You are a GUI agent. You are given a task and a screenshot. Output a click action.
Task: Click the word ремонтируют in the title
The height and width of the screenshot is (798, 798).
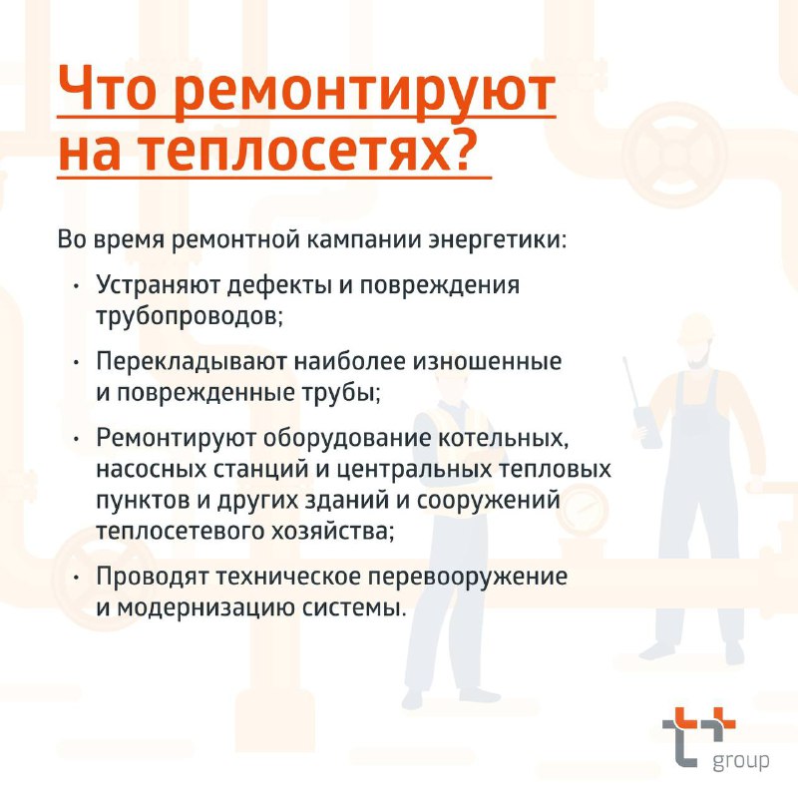tap(364, 93)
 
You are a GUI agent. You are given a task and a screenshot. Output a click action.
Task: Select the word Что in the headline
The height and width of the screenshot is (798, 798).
tap(108, 88)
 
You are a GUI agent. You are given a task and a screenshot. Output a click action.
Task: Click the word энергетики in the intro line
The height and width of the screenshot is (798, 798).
tap(497, 239)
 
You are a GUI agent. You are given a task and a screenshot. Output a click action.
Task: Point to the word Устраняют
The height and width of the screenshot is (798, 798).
tap(158, 285)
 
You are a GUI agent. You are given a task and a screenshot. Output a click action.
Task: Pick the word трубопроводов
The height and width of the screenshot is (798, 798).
tap(190, 316)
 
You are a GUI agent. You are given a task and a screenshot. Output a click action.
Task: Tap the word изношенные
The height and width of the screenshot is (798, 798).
tap(487, 361)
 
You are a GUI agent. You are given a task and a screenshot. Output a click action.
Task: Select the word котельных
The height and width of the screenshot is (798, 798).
tap(503, 438)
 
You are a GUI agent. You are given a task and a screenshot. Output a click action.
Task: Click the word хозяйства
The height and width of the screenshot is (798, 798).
tap(332, 532)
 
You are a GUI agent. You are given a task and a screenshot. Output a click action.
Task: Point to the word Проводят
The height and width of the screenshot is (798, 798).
tap(153, 578)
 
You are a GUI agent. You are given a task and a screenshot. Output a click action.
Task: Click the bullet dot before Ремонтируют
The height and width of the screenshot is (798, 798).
tap(77, 439)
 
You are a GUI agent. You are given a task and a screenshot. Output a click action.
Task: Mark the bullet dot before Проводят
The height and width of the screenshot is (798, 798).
tap(77, 578)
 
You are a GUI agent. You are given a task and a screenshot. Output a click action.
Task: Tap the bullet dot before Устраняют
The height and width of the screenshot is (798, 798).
tap(77, 286)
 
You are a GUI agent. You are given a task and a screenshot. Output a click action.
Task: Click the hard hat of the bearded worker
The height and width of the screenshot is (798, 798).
tap(695, 328)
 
